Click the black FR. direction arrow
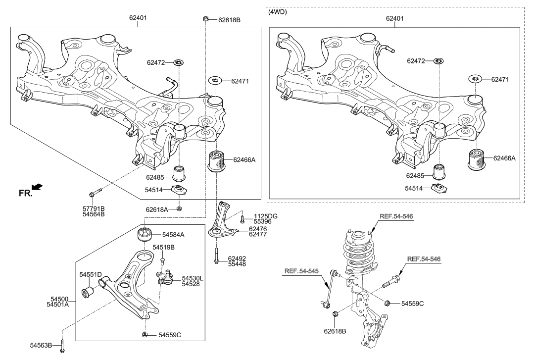point(37,187)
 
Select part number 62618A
point(157,209)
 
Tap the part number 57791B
point(93,208)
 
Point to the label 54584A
point(171,234)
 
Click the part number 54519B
point(164,247)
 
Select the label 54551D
point(91,274)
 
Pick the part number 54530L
point(193,278)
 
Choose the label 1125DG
point(266,216)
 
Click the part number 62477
point(258,235)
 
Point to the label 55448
point(237,264)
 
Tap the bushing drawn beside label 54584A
point(144,234)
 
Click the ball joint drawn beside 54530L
point(164,277)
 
